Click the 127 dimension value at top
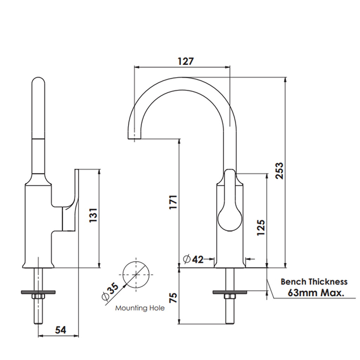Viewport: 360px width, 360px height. pos(185,61)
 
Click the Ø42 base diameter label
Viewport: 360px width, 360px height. pos(194,259)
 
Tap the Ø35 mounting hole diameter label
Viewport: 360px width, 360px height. pos(110,292)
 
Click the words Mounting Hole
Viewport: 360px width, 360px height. pos(140,308)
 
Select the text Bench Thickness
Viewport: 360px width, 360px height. pos(314,282)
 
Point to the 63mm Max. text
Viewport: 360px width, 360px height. pos(316,292)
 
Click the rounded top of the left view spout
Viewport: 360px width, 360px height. pos(38,83)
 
